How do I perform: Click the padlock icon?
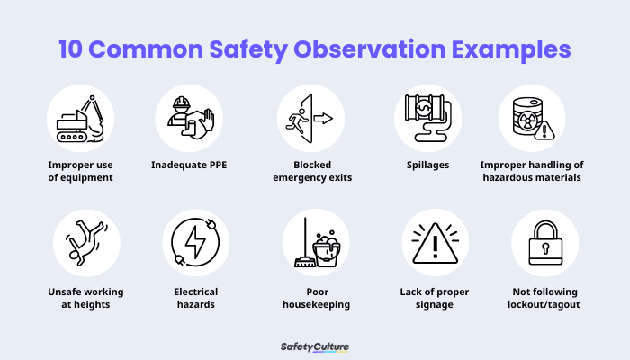544,243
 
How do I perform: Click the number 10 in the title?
75,49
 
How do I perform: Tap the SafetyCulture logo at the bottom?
315,346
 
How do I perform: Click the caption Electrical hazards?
196,298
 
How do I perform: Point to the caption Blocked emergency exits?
311,171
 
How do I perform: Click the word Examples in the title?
515,49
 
